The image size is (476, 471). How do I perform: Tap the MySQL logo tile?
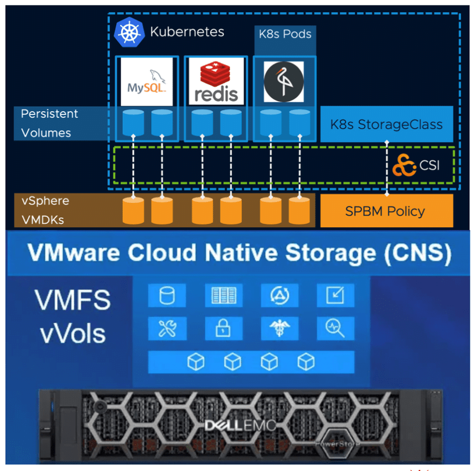click(x=147, y=82)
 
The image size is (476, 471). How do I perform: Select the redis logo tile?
click(x=215, y=82)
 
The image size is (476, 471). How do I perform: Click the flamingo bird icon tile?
click(x=283, y=82)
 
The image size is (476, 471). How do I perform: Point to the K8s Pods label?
click(x=285, y=34)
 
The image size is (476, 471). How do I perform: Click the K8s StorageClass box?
click(x=386, y=124)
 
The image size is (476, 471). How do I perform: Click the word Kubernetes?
click(x=187, y=32)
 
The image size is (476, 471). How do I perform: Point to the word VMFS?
click(x=72, y=300)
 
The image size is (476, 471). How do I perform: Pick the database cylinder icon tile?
click(x=167, y=296)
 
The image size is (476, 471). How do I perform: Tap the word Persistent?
click(x=49, y=114)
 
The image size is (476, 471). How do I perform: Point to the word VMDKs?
click(x=42, y=219)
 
